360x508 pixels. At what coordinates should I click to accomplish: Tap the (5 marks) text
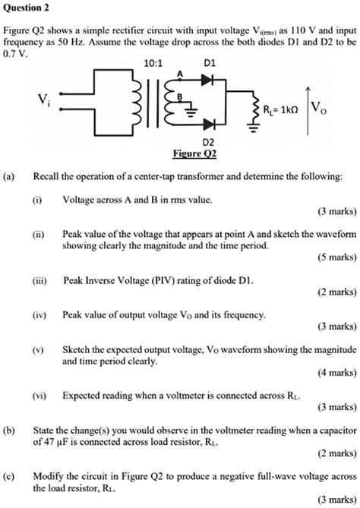333,257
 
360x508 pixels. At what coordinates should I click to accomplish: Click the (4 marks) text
333,373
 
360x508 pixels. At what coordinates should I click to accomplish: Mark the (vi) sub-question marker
39,396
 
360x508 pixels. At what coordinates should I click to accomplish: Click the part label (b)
10,429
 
